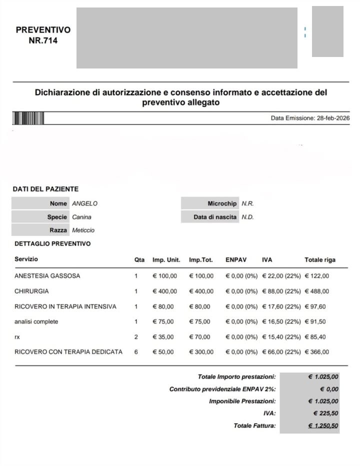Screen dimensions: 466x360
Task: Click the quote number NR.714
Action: (43, 41)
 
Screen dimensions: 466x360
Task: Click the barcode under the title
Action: (28, 118)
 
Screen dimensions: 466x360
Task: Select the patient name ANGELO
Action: (85, 203)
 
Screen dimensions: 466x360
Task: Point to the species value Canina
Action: (82, 217)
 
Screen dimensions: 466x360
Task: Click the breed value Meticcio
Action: (83, 230)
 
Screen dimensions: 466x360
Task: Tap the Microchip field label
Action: (222, 203)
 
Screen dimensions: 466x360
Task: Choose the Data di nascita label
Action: (215, 217)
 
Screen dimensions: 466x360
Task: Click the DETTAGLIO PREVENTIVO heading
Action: (52, 244)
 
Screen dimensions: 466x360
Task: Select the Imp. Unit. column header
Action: (166, 260)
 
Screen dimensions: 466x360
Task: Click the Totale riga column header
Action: (320, 260)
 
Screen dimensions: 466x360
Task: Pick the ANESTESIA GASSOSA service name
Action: (47, 276)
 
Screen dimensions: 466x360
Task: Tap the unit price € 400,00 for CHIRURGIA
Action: (164, 291)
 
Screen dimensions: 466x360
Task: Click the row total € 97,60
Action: (315, 306)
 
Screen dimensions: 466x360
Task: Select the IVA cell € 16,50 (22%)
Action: (281, 321)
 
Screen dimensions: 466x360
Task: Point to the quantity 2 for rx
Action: (136, 337)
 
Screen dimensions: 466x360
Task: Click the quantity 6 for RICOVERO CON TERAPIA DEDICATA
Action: (136, 352)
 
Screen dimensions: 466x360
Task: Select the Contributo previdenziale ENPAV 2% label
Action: (222, 389)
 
